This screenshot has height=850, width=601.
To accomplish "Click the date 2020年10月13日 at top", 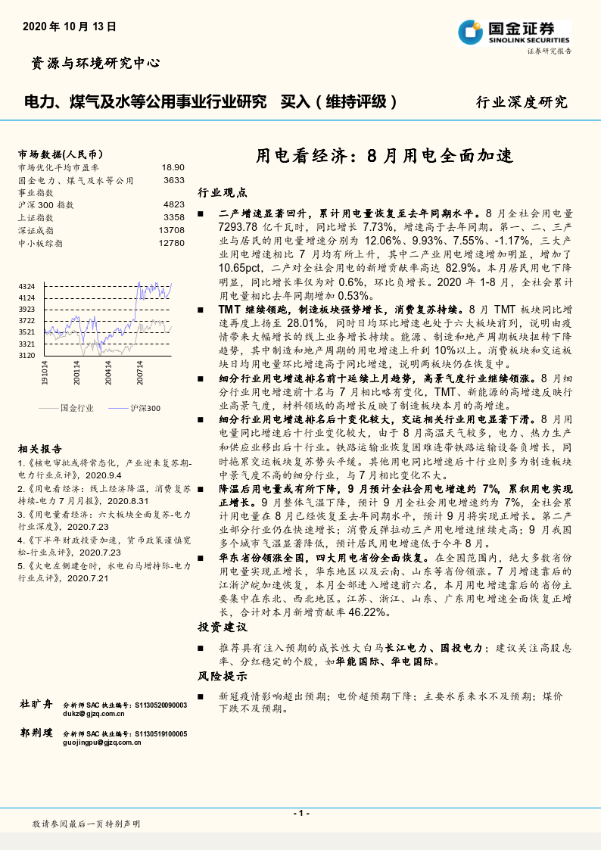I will pyautogui.click(x=70, y=26).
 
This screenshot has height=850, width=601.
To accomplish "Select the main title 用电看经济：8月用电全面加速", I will pyautogui.click(x=384, y=157).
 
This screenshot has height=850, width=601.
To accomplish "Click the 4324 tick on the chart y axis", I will pyautogui.click(x=27, y=286).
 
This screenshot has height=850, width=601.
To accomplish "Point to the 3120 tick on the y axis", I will pyautogui.click(x=27, y=355).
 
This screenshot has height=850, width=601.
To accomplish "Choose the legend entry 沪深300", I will pyautogui.click(x=145, y=408).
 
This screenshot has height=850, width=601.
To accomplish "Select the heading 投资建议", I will pyautogui.click(x=223, y=627).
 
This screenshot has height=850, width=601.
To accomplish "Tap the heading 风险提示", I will pyautogui.click(x=223, y=676).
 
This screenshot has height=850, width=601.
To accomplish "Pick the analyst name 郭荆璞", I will pyautogui.click(x=36, y=733).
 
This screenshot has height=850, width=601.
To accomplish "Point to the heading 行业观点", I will pyautogui.click(x=223, y=192).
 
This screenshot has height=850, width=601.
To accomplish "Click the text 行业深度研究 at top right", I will pyautogui.click(x=521, y=102).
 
